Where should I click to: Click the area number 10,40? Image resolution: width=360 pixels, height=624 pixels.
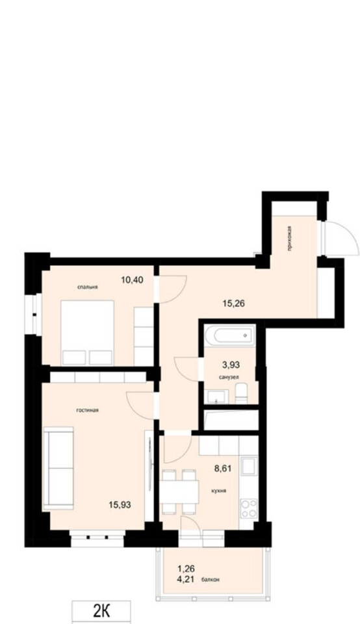132,279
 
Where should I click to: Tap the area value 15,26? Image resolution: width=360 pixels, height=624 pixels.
233,304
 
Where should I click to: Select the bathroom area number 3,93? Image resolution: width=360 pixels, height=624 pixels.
231,363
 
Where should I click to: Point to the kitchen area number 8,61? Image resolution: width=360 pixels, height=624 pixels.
222,469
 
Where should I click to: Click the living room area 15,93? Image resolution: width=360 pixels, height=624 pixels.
120,505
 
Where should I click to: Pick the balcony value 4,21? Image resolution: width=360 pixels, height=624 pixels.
186,579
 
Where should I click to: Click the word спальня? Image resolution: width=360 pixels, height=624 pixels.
88,287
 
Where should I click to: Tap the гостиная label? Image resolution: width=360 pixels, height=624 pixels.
87,410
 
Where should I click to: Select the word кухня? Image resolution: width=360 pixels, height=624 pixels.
219,491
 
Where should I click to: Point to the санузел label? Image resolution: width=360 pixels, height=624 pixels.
229,376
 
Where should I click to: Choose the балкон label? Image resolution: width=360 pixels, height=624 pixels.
211,579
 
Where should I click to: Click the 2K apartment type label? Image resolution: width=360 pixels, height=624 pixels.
101,612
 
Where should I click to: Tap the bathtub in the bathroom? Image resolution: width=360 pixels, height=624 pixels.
229,336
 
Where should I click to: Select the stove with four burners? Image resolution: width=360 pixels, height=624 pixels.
249,508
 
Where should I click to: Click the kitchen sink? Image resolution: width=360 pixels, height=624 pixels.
249,467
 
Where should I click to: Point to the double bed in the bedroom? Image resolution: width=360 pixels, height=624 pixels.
87,332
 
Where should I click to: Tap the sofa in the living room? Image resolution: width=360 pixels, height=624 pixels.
58,468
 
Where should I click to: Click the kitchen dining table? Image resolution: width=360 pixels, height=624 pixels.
180,492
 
